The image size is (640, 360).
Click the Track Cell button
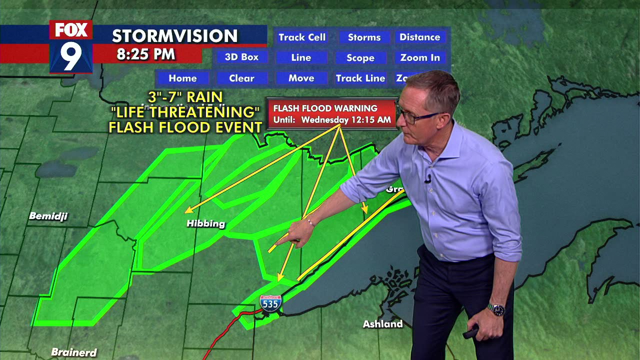pyautogui.click(x=302, y=37)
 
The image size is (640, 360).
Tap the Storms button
pyautogui.click(x=364, y=37)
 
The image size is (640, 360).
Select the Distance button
pyautogui.click(x=419, y=37)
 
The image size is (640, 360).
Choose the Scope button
pyautogui.click(x=360, y=58)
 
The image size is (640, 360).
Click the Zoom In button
pyautogui.click(x=420, y=58)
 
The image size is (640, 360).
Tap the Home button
pyautogui.click(x=182, y=78)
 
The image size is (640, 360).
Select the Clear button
pyautogui.click(x=242, y=78)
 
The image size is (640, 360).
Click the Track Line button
pyautogui.click(x=360, y=78)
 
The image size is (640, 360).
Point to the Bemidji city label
pyautogui.click(x=48, y=216)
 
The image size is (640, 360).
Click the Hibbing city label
pyautogui.click(x=205, y=223)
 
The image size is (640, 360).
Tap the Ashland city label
pyautogui.click(x=382, y=324)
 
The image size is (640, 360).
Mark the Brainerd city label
pyautogui.click(x=74, y=352)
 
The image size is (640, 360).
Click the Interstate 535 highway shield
pyautogui.click(x=270, y=303)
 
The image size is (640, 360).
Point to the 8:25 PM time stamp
pyautogui.click(x=146, y=54)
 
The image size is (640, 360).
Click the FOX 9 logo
pyautogui.click(x=71, y=46)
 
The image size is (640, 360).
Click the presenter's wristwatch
pyautogui.click(x=496, y=310)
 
